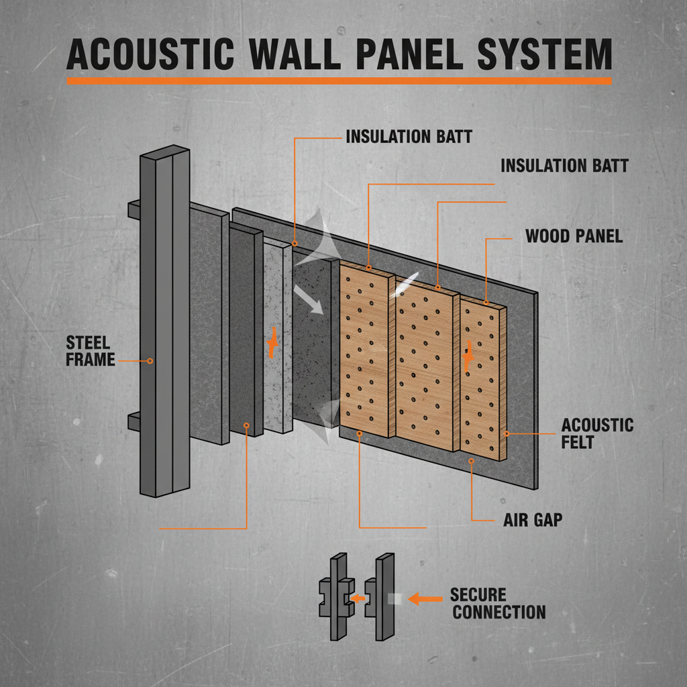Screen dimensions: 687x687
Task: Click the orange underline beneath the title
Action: pyautogui.click(x=339, y=81)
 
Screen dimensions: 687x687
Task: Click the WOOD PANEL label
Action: pyautogui.click(x=574, y=236)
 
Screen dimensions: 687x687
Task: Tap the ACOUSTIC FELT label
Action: pyautogui.click(x=597, y=433)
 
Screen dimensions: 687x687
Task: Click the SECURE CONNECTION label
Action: pyautogui.click(x=497, y=603)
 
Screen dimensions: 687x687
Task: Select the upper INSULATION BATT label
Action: pyautogui.click(x=409, y=138)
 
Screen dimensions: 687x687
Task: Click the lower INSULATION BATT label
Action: pyautogui.click(x=564, y=166)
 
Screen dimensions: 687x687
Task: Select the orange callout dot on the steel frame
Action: pyautogui.click(x=150, y=361)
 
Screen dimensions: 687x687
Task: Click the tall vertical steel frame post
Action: pyautogui.click(x=165, y=322)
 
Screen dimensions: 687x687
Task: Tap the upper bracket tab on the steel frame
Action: pyautogui.click(x=133, y=209)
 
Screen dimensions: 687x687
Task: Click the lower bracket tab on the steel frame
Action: pyautogui.click(x=133, y=421)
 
